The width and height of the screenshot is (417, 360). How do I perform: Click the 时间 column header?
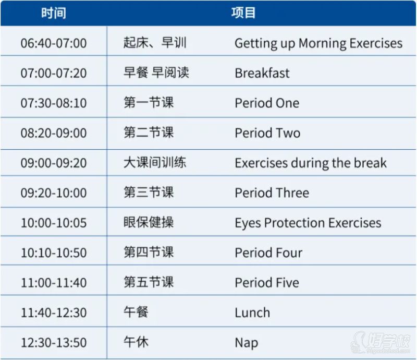[54, 13]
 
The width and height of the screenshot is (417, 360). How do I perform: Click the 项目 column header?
[243, 13]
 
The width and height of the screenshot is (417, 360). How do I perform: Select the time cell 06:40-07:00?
[54, 43]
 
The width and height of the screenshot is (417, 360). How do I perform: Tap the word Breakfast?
[262, 73]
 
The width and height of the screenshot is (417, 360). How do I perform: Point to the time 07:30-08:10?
[54, 103]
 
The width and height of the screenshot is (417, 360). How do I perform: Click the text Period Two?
[267, 133]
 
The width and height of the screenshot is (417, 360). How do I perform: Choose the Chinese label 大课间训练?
[155, 162]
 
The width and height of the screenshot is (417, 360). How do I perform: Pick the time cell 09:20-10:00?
[54, 193]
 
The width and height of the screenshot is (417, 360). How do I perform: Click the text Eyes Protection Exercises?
[308, 223]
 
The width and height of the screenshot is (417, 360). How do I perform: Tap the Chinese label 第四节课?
[149, 252]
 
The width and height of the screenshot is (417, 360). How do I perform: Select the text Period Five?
[267, 282]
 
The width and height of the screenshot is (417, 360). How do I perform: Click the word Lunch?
[252, 313]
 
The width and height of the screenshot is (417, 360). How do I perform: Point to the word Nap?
[247, 343]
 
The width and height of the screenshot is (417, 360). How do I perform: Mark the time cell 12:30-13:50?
[54, 342]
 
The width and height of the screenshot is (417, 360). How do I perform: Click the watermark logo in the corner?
[381, 342]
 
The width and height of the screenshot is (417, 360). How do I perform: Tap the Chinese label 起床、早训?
[155, 43]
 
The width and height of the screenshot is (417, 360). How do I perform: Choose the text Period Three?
[272, 193]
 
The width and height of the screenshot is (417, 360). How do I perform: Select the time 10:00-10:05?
[54, 223]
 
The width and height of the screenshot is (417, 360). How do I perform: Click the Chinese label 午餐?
[136, 312]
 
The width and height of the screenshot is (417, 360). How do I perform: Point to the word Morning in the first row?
[322, 44]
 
